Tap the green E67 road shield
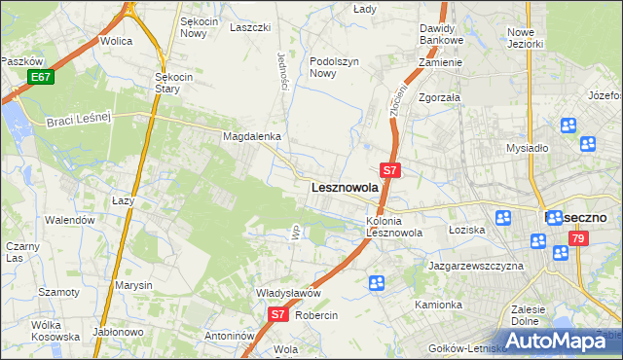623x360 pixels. point(41,77)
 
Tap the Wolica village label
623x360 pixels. point(116,42)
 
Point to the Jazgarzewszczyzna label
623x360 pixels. point(476,266)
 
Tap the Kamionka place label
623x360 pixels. point(438,305)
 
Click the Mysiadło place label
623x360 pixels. point(527,148)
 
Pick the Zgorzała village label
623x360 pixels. point(439,98)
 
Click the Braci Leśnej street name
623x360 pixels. point(80,119)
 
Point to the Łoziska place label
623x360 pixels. point(466,230)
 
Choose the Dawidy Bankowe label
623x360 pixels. point(437,35)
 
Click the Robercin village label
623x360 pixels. point(316,316)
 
